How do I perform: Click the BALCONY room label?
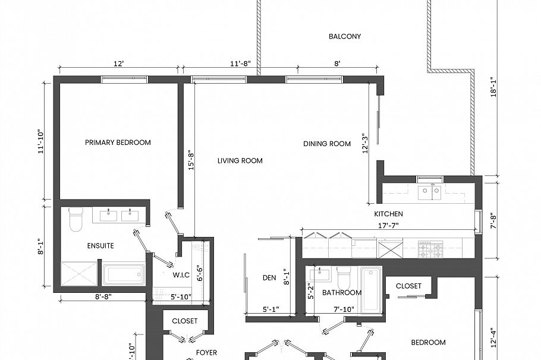click(345, 36)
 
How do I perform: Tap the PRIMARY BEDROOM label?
click(118, 143)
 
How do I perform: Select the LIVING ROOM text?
click(240, 160)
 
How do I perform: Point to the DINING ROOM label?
click(327, 144)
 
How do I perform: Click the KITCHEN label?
click(388, 214)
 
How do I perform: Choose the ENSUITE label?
click(100, 245)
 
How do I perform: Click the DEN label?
click(269, 277)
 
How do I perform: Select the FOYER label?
click(206, 352)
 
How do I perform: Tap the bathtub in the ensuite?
click(124, 274)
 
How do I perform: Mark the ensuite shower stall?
click(79, 274)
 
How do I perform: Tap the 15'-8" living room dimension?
click(190, 160)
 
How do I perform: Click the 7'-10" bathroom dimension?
click(345, 310)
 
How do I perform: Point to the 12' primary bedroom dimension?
click(119, 63)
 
